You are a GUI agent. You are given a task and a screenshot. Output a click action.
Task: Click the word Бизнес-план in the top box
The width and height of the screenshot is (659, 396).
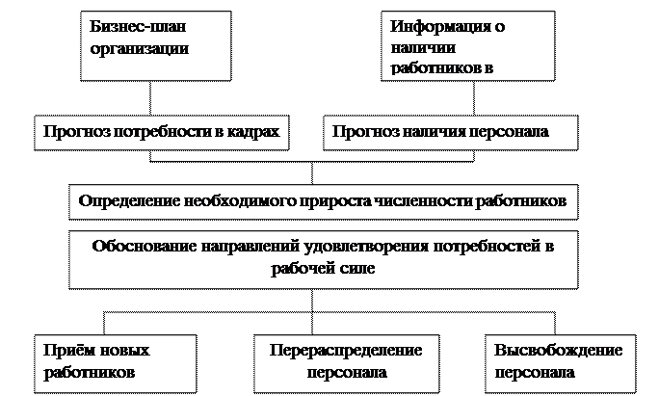[x=128, y=27]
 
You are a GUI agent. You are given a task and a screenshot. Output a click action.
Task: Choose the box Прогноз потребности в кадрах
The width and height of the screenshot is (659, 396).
[x=161, y=133]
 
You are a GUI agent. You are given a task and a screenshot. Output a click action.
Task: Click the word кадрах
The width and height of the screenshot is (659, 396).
[x=254, y=133]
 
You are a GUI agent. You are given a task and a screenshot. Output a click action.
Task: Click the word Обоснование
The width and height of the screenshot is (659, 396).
[x=145, y=246]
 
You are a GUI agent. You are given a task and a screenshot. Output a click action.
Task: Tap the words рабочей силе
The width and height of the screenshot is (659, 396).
[x=324, y=269]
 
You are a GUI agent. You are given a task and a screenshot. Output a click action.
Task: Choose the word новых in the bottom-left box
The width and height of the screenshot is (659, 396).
[x=126, y=351]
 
